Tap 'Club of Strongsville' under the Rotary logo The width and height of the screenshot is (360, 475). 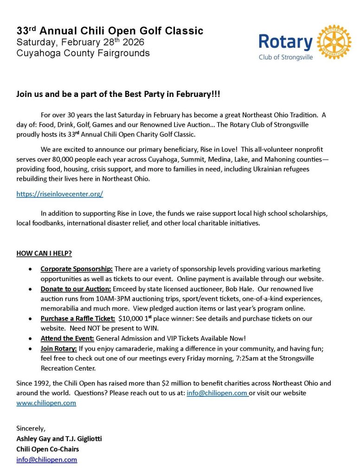286,57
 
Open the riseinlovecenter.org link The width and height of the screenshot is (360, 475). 60,194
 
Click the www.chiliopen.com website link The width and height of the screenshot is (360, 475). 46,403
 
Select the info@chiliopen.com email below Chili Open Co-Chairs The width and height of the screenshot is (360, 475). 46,460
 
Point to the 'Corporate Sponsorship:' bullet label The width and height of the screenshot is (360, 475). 77,269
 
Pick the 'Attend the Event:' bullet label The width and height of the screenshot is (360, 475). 67,339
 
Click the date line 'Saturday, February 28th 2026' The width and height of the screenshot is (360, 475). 80,42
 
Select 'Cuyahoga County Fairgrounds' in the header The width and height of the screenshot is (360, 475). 83,53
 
